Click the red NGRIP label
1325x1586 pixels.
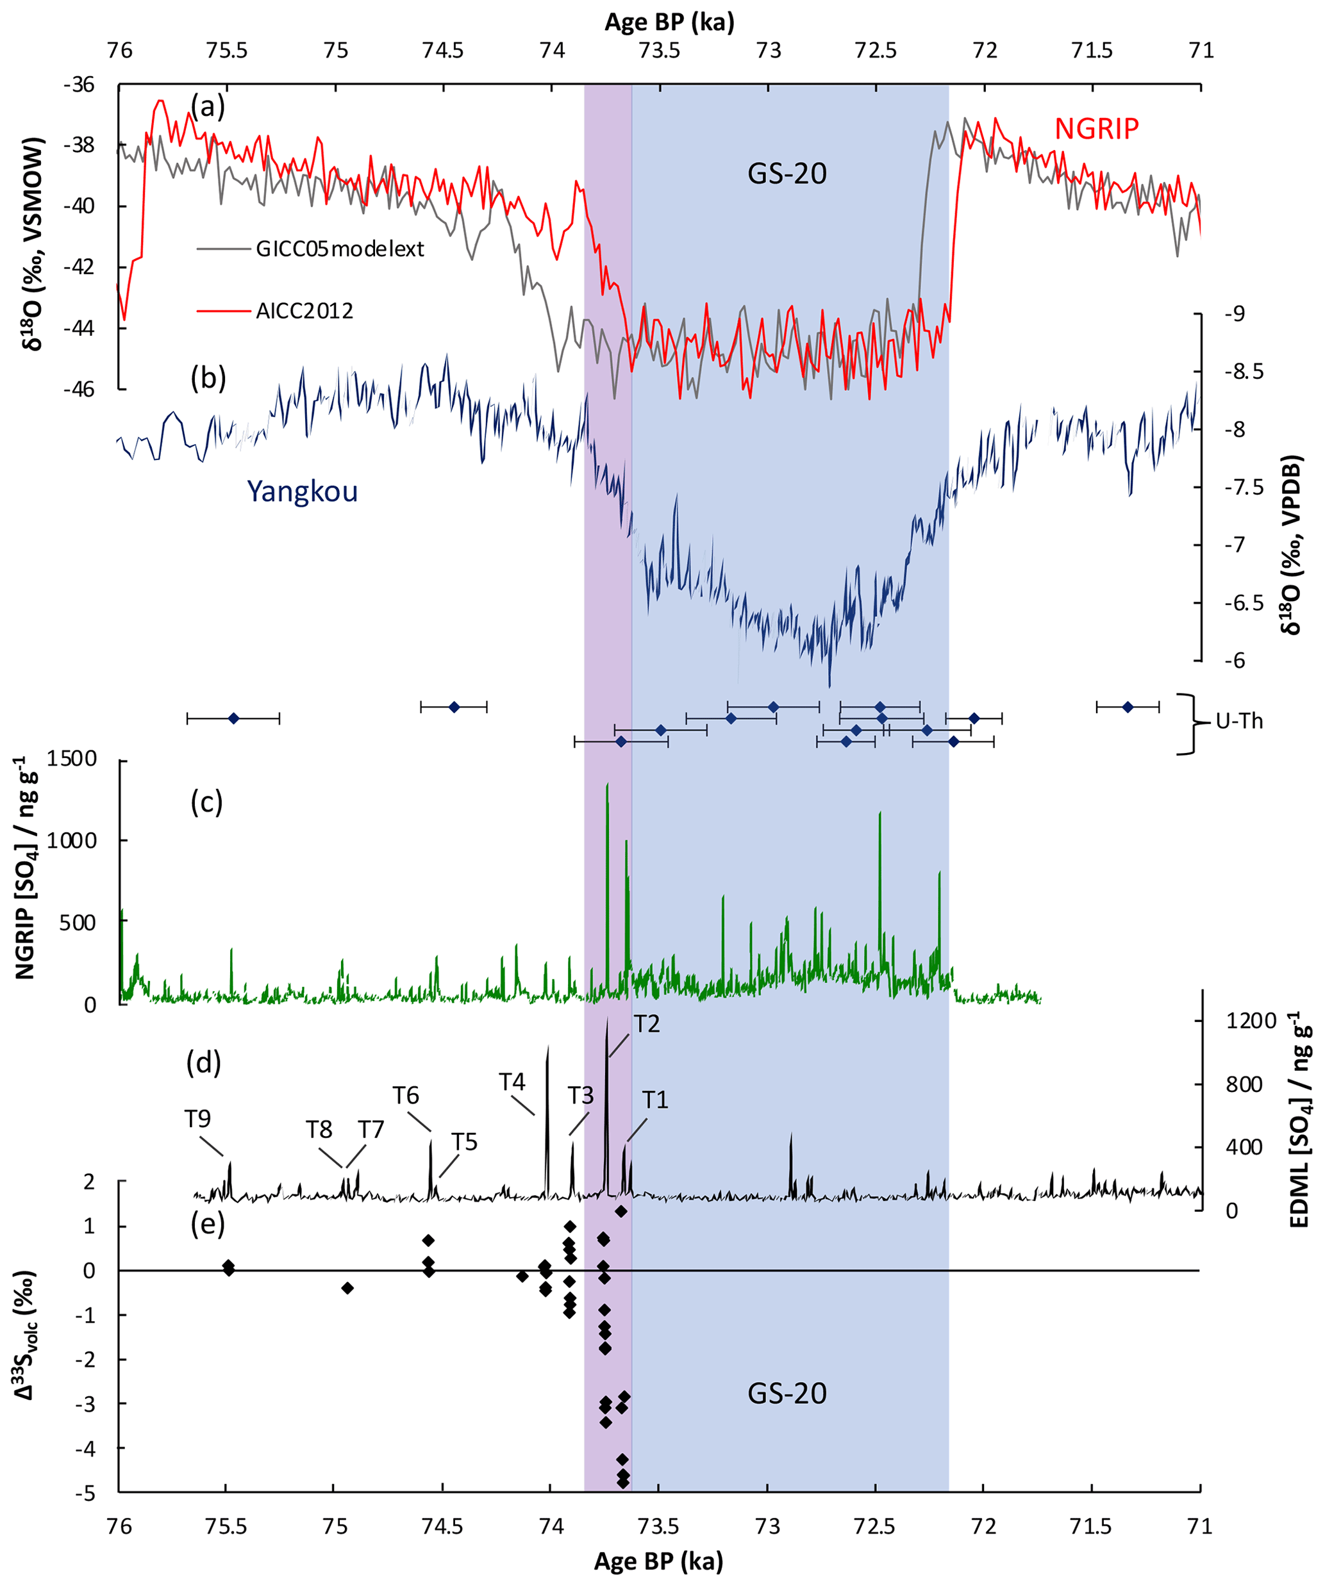(1096, 129)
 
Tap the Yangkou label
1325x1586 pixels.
(302, 491)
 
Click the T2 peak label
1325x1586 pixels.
(647, 1023)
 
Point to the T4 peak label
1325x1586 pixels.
(512, 1082)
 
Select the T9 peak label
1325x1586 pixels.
(197, 1118)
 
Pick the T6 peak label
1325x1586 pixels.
(406, 1095)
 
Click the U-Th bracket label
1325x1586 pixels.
(1240, 722)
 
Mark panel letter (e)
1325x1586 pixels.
(207, 1224)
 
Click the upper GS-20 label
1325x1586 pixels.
(787, 174)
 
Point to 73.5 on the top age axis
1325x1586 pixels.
(660, 51)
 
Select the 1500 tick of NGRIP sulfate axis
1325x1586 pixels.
(72, 759)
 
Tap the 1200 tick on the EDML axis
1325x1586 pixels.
(1251, 1020)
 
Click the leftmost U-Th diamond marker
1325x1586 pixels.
(233, 718)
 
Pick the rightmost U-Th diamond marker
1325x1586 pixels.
(1128, 707)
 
